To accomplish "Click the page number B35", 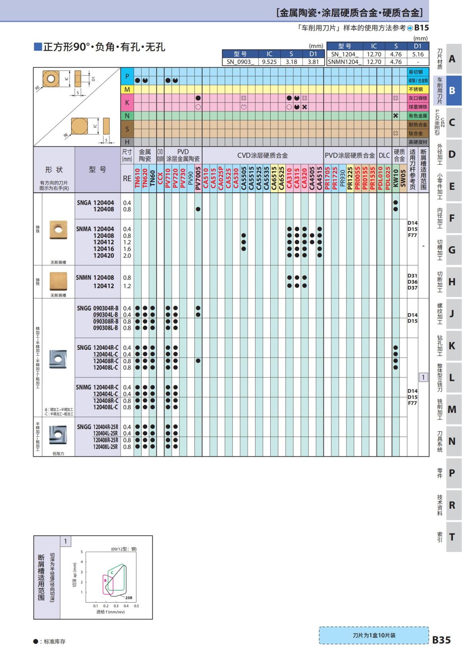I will (441, 640).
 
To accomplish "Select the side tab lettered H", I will (452, 282).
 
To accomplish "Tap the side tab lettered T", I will (452, 537).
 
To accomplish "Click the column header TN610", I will (137, 178).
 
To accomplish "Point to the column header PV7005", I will (198, 178).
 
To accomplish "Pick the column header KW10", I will (395, 178).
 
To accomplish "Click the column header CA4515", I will (320, 178).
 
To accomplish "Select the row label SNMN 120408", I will (95, 277).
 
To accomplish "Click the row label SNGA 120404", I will (95, 203).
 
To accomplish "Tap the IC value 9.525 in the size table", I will (269, 62).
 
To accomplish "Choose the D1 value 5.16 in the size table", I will (417, 54).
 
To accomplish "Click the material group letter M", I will (127, 89).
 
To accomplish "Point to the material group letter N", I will (127, 116).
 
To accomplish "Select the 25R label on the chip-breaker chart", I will (129, 598).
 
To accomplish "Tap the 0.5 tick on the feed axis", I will (136, 606).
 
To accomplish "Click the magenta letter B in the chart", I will (105, 580).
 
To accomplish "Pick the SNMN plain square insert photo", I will (58, 281).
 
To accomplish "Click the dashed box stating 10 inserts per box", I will (373, 635).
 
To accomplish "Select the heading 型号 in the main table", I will (97, 169).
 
